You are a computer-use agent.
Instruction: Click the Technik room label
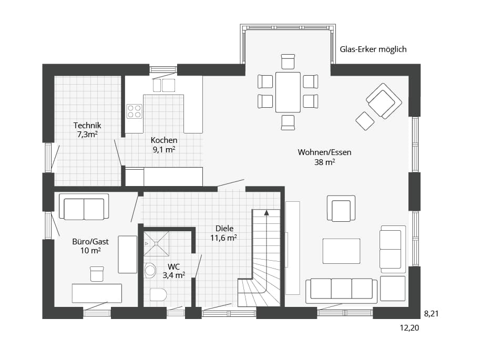pyautogui.click(x=87, y=130)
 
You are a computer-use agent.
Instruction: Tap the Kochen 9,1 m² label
pyautogui.click(x=164, y=145)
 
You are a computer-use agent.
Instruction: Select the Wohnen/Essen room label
pyautogui.click(x=324, y=157)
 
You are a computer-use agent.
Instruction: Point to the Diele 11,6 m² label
pyautogui.click(x=224, y=233)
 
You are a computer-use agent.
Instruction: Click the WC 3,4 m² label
pyautogui.click(x=173, y=271)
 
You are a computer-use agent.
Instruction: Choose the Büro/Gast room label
pyautogui.click(x=90, y=246)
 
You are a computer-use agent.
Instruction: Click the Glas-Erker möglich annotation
pyautogui.click(x=373, y=49)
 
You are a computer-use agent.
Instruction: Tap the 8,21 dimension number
pyautogui.click(x=431, y=313)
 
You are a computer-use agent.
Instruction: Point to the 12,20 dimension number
pyautogui.click(x=409, y=327)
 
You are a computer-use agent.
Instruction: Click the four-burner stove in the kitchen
pyautogui.click(x=135, y=111)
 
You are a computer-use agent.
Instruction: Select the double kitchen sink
pyautogui.click(x=164, y=85)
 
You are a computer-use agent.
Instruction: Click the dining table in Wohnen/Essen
pyautogui.click(x=288, y=92)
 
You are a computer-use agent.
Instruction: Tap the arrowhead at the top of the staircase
pyautogui.click(x=267, y=212)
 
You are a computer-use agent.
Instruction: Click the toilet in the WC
pyautogui.click(x=158, y=295)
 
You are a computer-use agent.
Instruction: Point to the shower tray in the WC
pyautogui.click(x=157, y=243)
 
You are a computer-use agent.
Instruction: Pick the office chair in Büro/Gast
pyautogui.click(x=97, y=274)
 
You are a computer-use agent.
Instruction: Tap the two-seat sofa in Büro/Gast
pyautogui.click(x=84, y=207)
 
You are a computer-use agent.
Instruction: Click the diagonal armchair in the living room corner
pyautogui.click(x=384, y=100)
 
